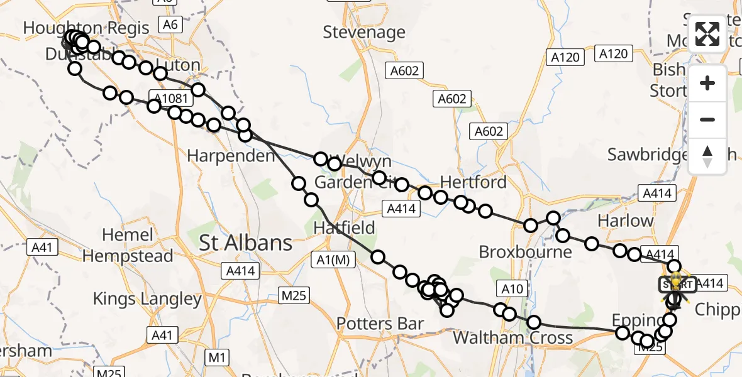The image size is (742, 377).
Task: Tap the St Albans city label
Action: pyautogui.click(x=246, y=243)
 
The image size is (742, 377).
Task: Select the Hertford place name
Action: pyautogui.click(x=473, y=182)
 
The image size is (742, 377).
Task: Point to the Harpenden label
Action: pyautogui.click(x=231, y=156)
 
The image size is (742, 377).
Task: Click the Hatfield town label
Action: pyautogui.click(x=345, y=227)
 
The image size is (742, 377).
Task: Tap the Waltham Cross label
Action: pyautogui.click(x=513, y=338)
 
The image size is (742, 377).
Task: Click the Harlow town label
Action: pyautogui.click(x=626, y=221)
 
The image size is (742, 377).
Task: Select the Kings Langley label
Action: pyautogui.click(x=148, y=298)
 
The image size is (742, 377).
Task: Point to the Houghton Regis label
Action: pyautogui.click(x=86, y=28)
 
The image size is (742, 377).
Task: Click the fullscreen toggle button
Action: pyautogui.click(x=707, y=34)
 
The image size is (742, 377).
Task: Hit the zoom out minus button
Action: pyautogui.click(x=707, y=119)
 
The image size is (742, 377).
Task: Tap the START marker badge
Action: pyautogui.click(x=676, y=285)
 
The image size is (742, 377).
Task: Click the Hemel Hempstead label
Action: pyautogui.click(x=128, y=246)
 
